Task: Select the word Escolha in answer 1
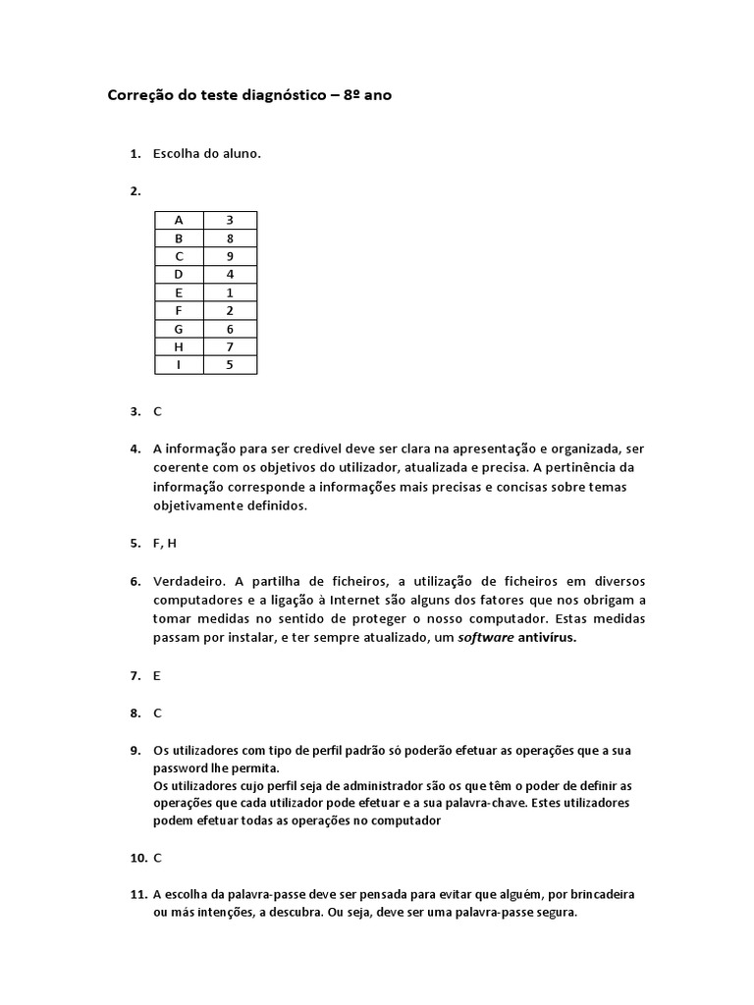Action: tap(177, 154)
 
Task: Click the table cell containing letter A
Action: tap(179, 220)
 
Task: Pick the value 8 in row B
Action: tap(230, 238)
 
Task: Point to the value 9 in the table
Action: tap(230, 256)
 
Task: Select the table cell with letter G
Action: tap(179, 329)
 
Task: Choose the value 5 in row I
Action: tap(230, 365)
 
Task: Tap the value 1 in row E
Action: tap(230, 292)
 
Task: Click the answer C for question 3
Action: tap(157, 412)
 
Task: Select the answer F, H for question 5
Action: tap(164, 544)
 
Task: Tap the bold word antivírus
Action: tap(547, 638)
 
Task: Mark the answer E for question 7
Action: tap(157, 675)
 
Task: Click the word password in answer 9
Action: tap(178, 768)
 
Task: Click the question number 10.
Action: tap(137, 858)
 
